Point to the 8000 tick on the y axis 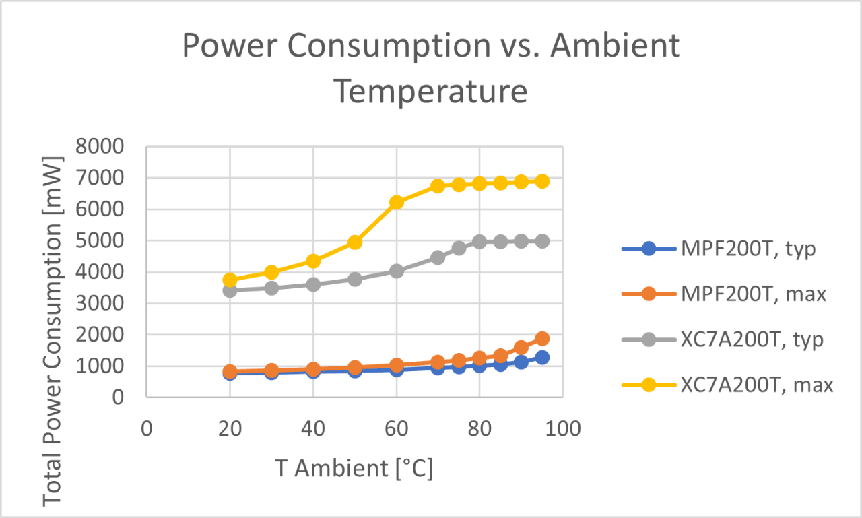point(100,147)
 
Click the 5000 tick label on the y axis point(100,241)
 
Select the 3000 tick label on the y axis point(100,304)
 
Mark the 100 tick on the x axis point(563,428)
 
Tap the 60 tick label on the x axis point(396,428)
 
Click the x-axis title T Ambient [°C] point(354,467)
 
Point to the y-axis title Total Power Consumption point(53,330)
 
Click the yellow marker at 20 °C point(230,280)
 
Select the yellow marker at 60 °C point(396,202)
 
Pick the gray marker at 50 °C point(355,279)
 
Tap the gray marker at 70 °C point(438,257)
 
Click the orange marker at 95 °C point(542,339)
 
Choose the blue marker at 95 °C point(542,357)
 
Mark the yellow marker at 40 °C point(313,261)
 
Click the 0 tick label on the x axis point(147,428)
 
